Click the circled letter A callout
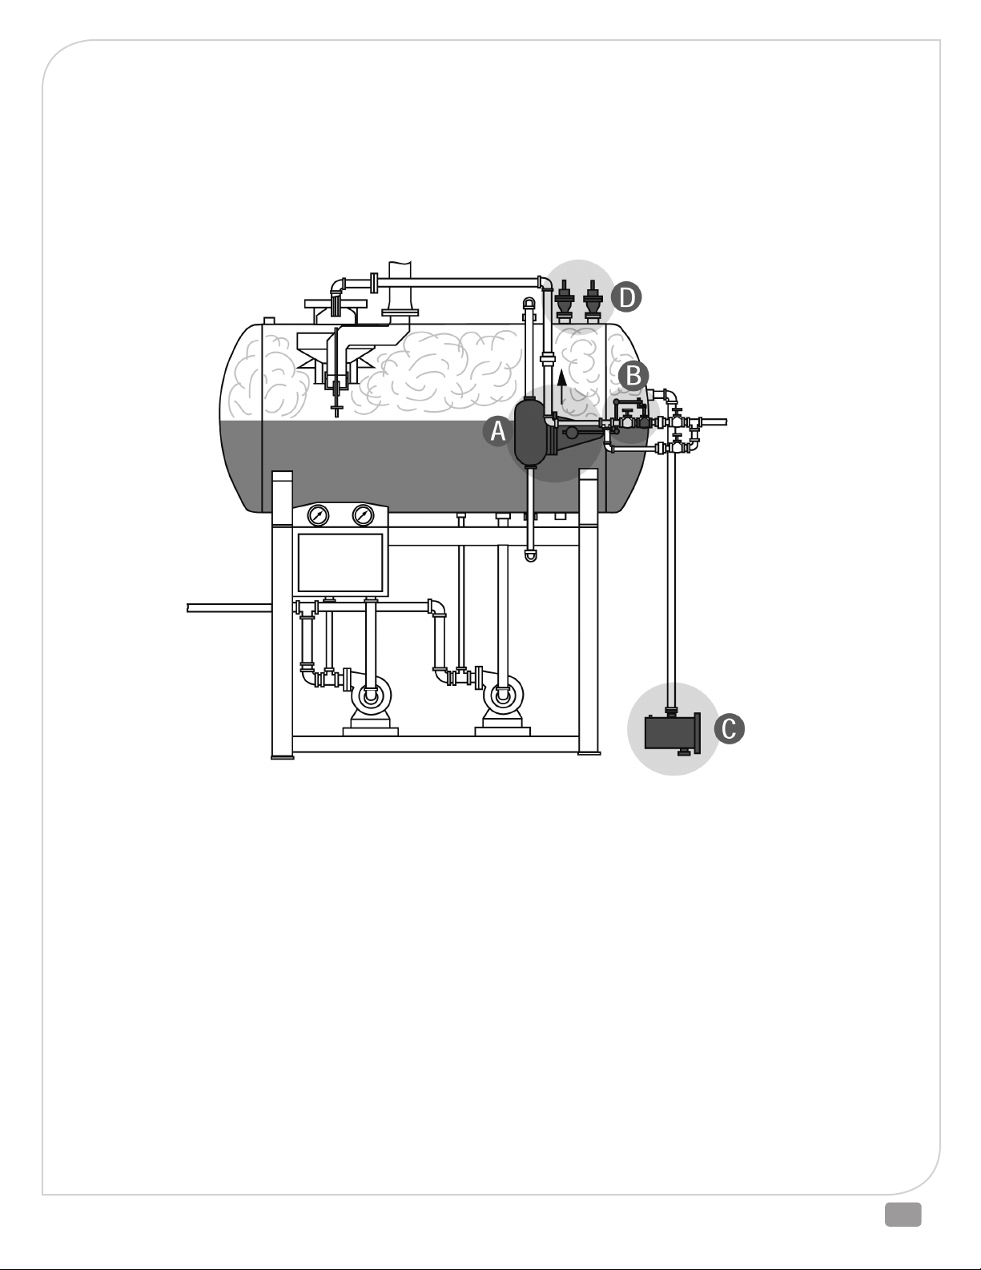(x=497, y=431)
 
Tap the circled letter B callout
(x=633, y=376)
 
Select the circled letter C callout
(x=730, y=729)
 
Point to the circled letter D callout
(x=626, y=297)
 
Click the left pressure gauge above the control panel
(x=318, y=515)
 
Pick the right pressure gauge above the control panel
(x=364, y=515)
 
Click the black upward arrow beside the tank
(x=561, y=391)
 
